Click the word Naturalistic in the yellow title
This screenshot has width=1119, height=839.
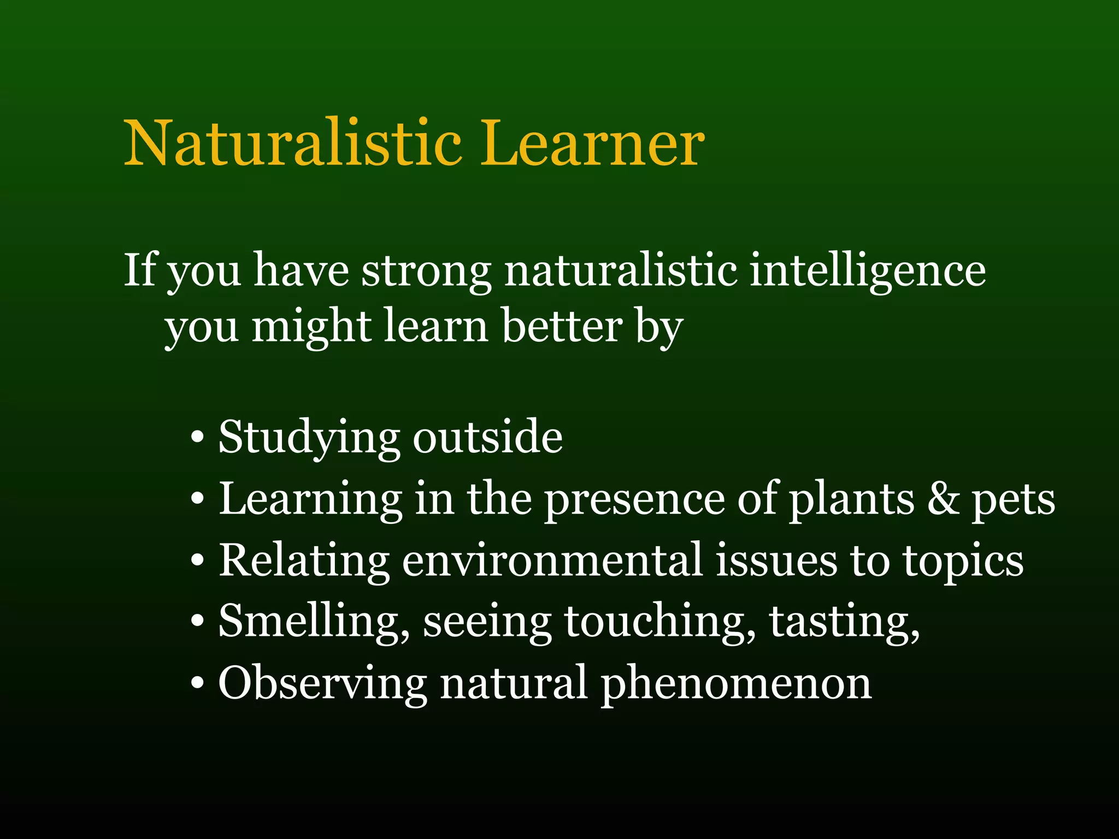coord(293,143)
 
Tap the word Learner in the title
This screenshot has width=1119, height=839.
coord(592,143)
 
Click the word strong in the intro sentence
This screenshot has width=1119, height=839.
coord(426,271)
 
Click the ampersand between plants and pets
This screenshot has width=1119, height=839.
coord(943,499)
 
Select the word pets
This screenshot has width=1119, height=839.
coord(1013,500)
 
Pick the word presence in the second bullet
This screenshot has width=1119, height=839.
coord(634,500)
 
